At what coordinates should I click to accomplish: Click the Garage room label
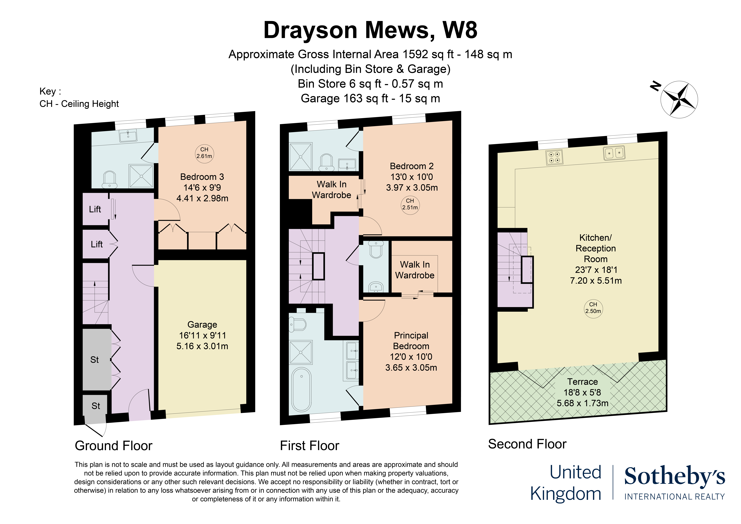pyautogui.click(x=202, y=325)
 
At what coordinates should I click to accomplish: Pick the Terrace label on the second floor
pyautogui.click(x=583, y=382)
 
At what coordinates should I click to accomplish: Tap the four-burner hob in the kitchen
pyautogui.click(x=554, y=157)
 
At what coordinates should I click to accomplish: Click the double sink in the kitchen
pyautogui.click(x=614, y=153)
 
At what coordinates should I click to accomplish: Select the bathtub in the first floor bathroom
pyautogui.click(x=301, y=389)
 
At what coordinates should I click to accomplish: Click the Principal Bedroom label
pyautogui.click(x=411, y=341)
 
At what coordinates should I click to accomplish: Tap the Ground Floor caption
pyautogui.click(x=114, y=446)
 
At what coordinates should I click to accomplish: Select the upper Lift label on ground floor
pyautogui.click(x=95, y=209)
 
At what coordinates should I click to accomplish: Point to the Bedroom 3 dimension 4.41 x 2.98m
pyautogui.click(x=202, y=198)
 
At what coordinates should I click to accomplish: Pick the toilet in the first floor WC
pyautogui.click(x=376, y=249)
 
